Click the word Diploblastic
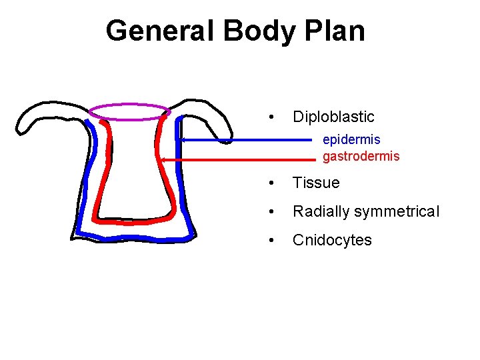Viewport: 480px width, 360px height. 333,117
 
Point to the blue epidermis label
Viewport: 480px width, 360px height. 351,140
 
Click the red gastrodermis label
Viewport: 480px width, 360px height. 361,157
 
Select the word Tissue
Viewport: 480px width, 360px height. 316,183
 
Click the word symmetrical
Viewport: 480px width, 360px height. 397,212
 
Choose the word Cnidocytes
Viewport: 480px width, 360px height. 332,240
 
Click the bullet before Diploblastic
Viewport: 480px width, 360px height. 269,117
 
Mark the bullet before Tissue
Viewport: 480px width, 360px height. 269,183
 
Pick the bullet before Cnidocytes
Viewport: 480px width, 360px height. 269,240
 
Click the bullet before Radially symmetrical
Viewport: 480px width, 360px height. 269,212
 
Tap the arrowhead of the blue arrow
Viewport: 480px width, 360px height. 183,140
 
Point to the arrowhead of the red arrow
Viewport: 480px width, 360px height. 163,160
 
